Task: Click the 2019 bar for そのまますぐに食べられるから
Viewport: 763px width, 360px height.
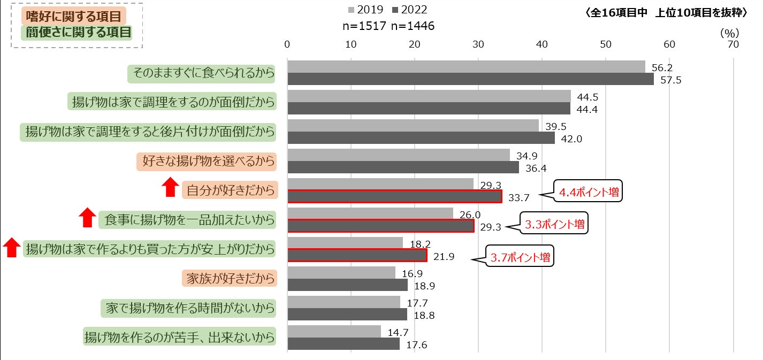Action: (x=466, y=67)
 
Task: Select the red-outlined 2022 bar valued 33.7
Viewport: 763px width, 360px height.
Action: (x=394, y=197)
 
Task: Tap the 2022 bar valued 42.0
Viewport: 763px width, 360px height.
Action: (x=421, y=138)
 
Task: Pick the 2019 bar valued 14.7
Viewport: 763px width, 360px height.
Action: (x=334, y=332)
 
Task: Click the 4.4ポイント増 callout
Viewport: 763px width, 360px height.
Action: (x=588, y=192)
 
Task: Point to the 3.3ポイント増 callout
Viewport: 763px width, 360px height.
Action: (x=554, y=225)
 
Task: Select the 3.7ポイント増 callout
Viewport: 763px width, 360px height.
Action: (x=520, y=257)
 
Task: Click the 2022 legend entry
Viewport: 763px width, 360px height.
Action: (x=409, y=10)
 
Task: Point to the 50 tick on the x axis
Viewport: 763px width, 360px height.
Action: (x=606, y=44)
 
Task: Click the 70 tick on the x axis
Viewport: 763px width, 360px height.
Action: (x=733, y=44)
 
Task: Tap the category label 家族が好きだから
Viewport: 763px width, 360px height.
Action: (x=230, y=278)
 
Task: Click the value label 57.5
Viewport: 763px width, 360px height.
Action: (x=671, y=80)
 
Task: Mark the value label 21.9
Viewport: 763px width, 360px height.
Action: (x=444, y=257)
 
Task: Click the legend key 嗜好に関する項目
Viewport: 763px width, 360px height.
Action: (x=77, y=16)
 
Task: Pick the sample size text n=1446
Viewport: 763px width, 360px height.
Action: (x=413, y=26)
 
